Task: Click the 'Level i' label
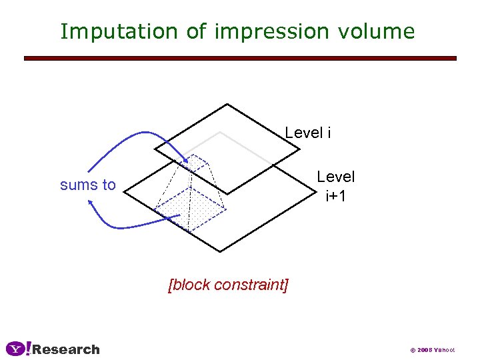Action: [x=307, y=133]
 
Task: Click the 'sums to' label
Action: [x=87, y=185]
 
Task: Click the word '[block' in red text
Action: [x=189, y=285]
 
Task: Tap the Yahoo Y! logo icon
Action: [x=18, y=349]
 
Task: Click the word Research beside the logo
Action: [x=66, y=349]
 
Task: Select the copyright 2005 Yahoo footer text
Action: [x=432, y=350]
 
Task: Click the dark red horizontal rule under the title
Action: [x=240, y=59]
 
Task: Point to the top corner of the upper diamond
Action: [x=228, y=104]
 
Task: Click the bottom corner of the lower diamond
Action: [x=220, y=251]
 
